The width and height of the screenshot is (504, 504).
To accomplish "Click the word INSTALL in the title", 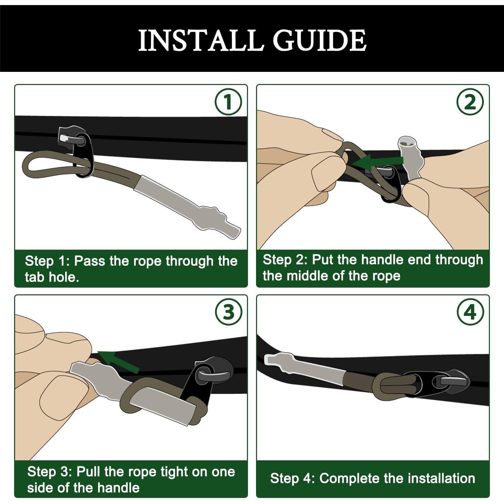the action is (200, 40).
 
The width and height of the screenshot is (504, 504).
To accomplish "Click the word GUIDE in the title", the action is (320, 40).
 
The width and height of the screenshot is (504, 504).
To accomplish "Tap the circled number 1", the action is (228, 101).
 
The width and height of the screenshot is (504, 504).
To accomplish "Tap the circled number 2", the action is (470, 101).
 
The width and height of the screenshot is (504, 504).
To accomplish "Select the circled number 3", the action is (228, 312).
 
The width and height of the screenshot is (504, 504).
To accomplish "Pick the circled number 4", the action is (470, 312).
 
